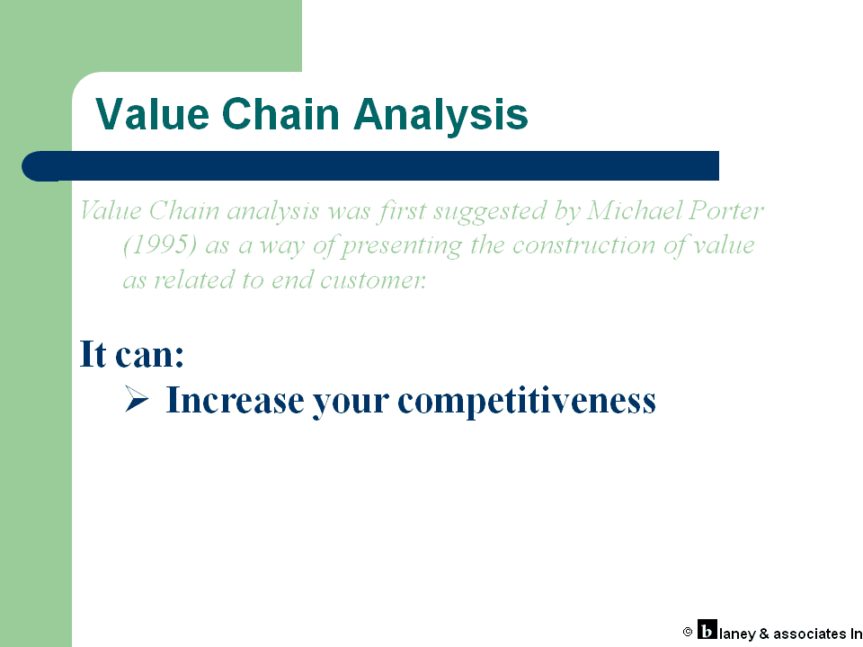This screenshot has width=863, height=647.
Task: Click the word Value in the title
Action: tap(153, 114)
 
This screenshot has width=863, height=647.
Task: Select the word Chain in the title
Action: tap(280, 114)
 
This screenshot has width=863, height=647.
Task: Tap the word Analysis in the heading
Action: tap(440, 115)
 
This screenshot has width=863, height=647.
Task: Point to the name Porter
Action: tap(726, 210)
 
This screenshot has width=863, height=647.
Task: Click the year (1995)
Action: tap(160, 244)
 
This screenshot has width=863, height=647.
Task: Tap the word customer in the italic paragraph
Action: tap(373, 280)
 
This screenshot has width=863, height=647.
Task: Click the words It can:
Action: tap(131, 353)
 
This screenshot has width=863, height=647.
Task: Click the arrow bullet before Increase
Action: tap(137, 399)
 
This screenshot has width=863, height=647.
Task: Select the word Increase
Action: tap(235, 400)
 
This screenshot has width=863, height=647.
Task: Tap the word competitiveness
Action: tap(527, 401)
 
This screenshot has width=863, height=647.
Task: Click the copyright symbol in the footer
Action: tap(688, 632)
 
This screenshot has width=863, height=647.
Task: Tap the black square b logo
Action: tap(707, 629)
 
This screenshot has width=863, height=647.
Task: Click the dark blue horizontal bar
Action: tap(370, 165)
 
